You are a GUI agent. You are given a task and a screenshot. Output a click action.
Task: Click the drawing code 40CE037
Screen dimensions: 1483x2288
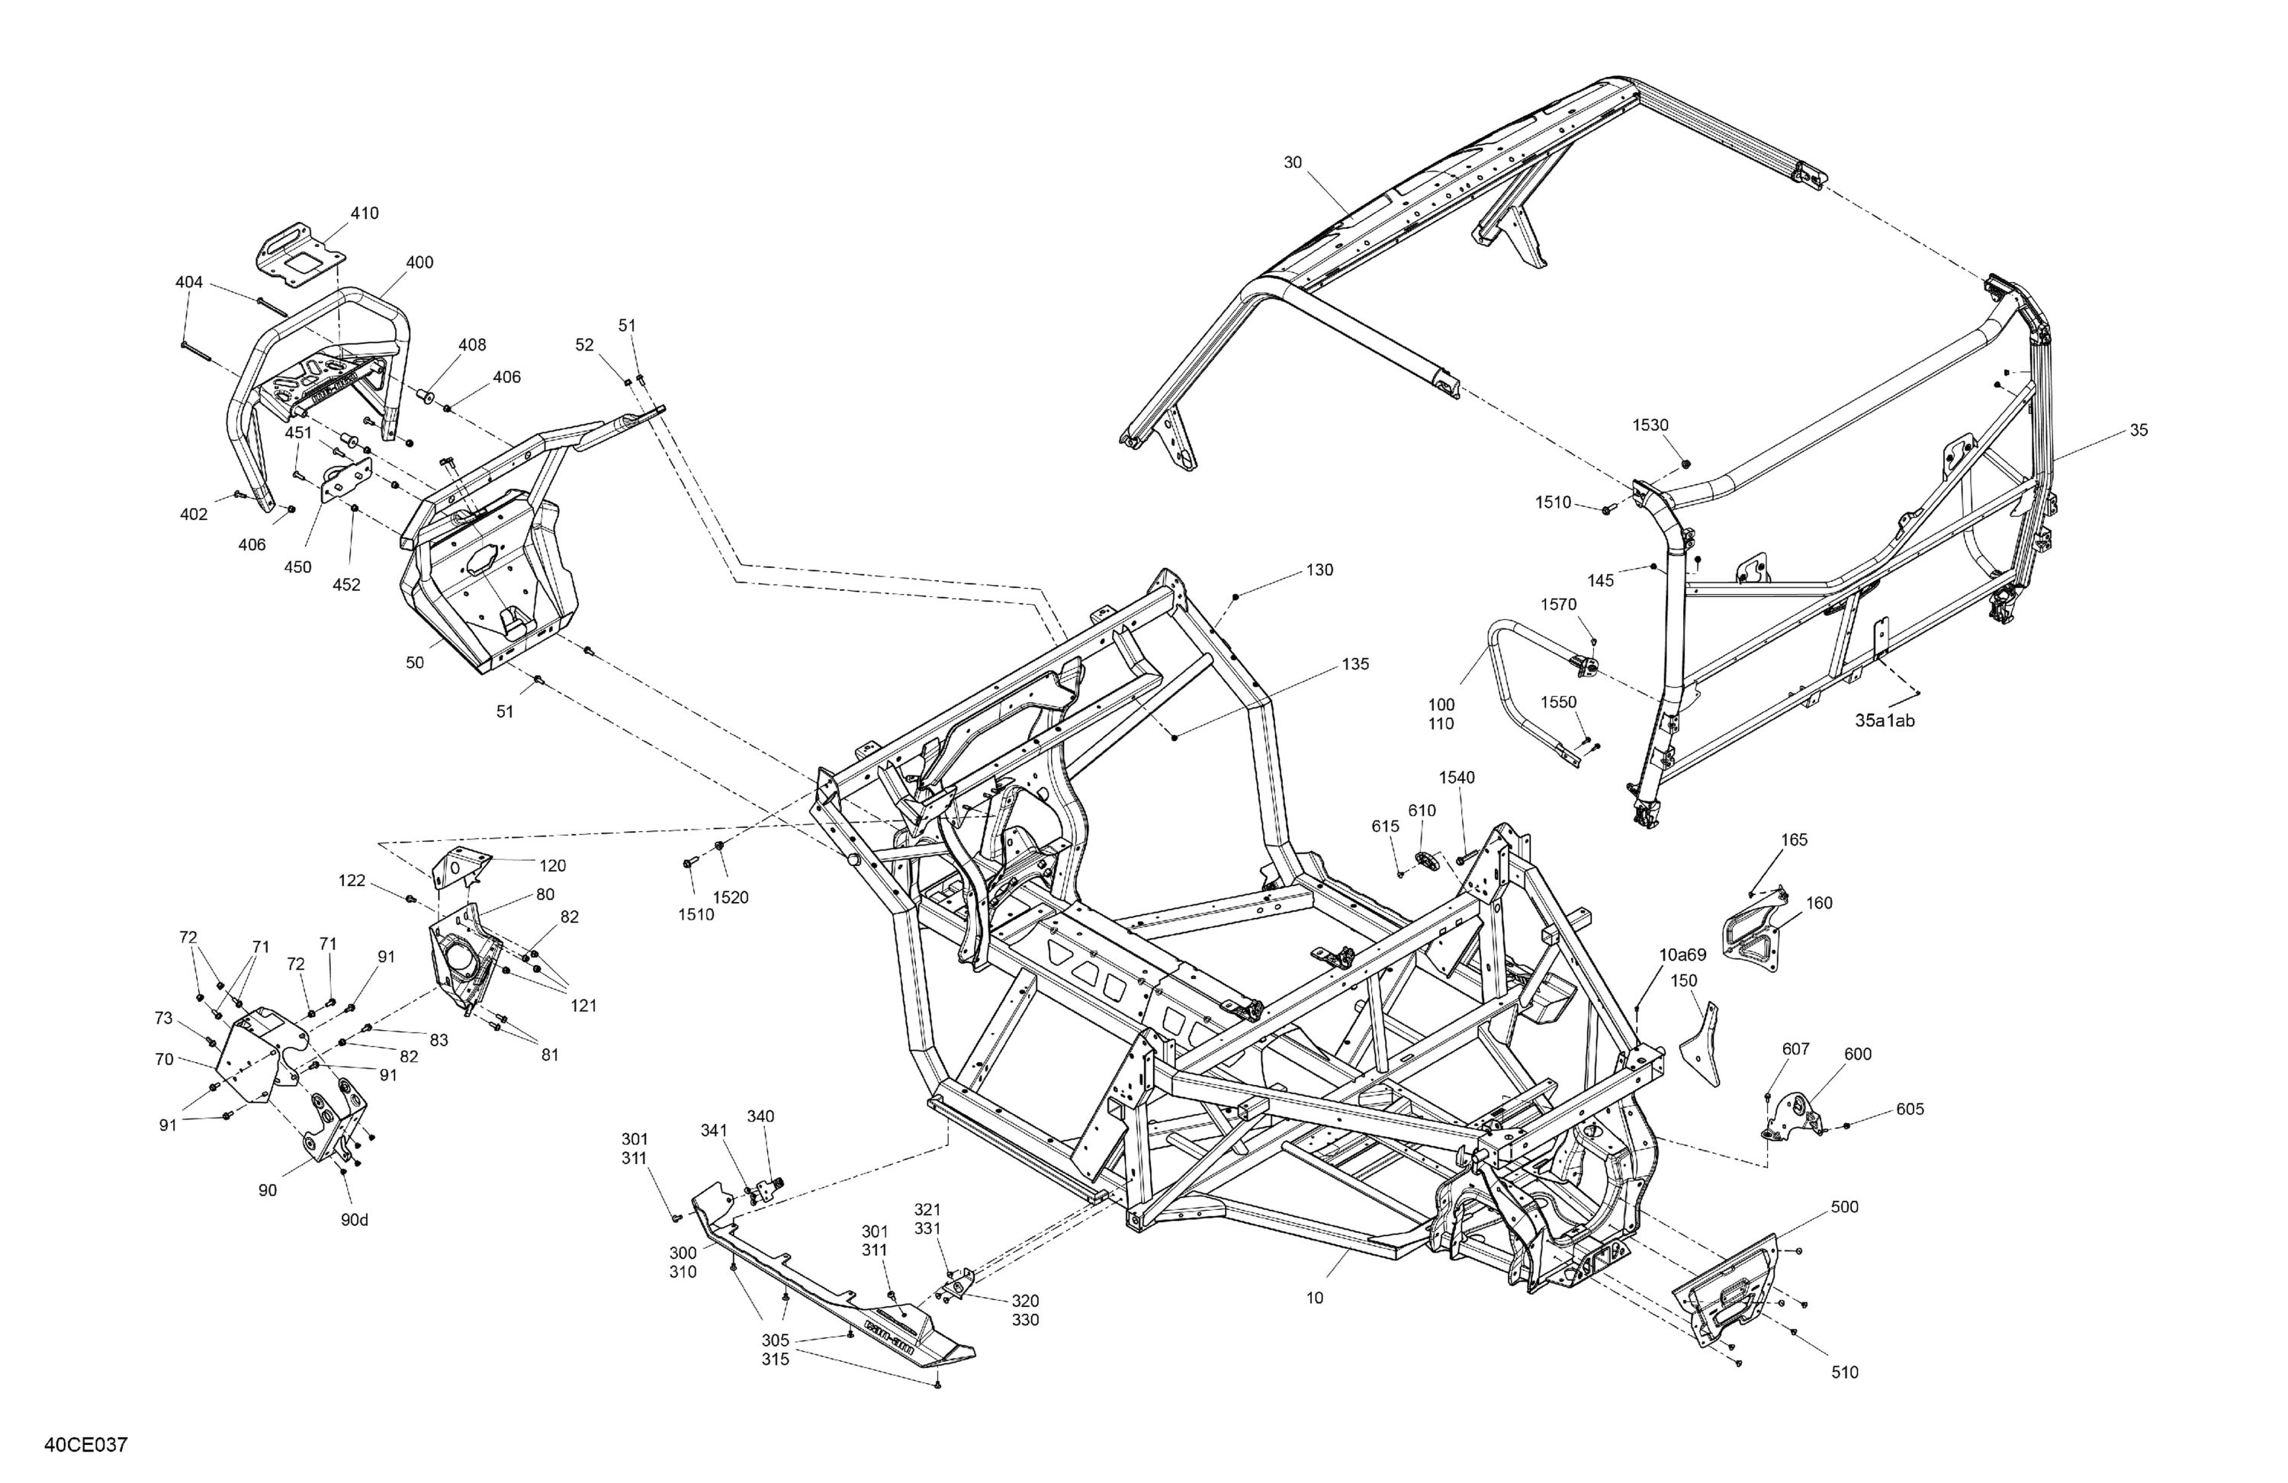tap(85, 1445)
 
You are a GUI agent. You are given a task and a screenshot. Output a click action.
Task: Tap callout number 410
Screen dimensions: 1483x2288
tap(365, 213)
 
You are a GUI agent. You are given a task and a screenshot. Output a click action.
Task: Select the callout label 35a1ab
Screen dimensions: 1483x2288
tap(1885, 720)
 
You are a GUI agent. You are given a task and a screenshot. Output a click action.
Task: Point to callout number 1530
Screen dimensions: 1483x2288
tap(1650, 425)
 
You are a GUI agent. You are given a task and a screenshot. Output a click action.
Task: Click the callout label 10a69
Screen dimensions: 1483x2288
tap(1682, 955)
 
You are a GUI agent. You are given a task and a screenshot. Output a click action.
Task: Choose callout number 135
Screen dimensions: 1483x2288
tap(1355, 664)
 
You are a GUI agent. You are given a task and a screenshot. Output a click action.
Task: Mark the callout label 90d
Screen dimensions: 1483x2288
tap(354, 1220)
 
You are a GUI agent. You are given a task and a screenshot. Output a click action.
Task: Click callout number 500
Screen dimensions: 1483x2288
tap(1844, 1207)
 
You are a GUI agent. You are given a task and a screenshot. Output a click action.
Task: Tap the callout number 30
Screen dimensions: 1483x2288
tap(1293, 162)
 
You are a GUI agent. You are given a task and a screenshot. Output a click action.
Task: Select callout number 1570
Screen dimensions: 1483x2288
tap(1558, 605)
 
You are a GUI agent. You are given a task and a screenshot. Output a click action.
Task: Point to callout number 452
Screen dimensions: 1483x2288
tap(346, 584)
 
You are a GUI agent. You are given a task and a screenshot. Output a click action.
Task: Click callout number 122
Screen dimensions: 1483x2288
tap(352, 881)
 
